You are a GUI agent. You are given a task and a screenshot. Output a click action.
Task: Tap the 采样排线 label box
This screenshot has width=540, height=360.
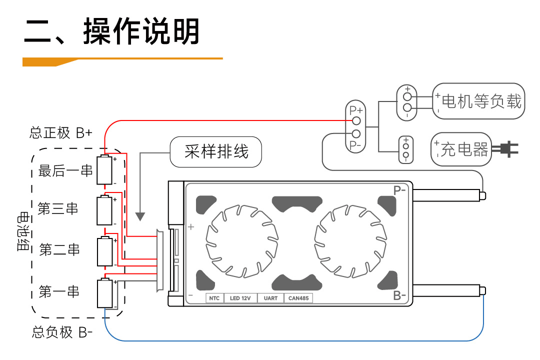[216, 152]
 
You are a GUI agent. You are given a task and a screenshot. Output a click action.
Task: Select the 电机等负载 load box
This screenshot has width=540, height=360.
[478, 101]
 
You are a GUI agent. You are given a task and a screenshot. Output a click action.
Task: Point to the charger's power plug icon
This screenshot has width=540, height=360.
[505, 149]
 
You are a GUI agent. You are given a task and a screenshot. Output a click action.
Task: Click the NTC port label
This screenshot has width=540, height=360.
[214, 298]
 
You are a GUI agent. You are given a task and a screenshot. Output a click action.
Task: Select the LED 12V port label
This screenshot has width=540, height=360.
[240, 298]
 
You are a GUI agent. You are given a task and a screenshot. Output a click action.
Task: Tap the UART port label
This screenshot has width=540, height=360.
[270, 298]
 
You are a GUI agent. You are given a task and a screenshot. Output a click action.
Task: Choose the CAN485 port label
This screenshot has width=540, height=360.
[298, 298]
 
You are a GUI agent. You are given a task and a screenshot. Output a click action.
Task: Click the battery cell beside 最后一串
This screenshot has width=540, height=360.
[105, 170]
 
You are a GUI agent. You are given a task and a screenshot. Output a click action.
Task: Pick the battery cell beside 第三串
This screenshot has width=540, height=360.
[105, 211]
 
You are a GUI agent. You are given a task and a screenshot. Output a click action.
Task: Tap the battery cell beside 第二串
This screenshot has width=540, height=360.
[105, 252]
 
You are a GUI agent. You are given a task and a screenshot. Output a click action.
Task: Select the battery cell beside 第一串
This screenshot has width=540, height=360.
[105, 293]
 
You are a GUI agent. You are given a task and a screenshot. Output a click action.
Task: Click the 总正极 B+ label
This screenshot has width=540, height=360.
[61, 133]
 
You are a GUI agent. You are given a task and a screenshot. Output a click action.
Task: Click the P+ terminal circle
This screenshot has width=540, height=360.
[356, 121]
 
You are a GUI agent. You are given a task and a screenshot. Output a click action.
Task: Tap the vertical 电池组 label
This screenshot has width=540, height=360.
[23, 232]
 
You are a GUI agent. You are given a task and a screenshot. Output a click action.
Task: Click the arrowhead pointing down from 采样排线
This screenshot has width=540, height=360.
[140, 216]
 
